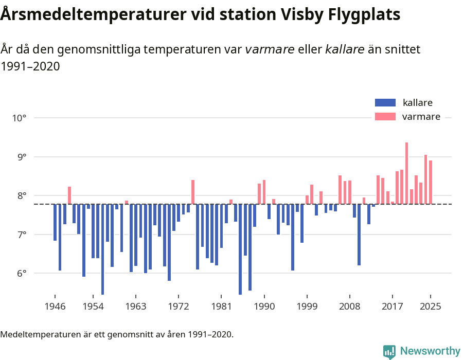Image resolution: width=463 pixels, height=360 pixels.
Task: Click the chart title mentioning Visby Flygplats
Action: click(200, 15)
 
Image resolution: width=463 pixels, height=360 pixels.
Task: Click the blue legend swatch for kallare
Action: click(385, 102)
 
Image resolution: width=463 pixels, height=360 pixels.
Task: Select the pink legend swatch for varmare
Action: click(385, 117)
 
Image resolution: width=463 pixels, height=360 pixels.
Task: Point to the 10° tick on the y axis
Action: click(19, 118)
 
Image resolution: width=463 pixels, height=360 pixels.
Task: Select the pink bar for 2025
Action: click(431, 182)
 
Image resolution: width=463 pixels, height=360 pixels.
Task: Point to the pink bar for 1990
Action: click(264, 192)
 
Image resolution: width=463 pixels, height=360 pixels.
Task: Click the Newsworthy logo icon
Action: click(389, 351)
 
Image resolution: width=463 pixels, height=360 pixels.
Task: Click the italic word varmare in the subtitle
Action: click(270, 49)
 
